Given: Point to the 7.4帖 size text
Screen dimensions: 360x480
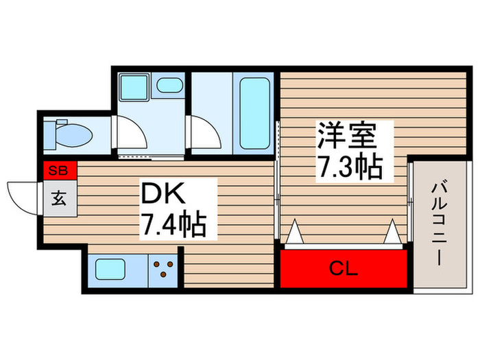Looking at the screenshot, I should pyautogui.click(x=173, y=224).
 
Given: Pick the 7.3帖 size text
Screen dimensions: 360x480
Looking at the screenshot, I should pyautogui.click(x=349, y=167).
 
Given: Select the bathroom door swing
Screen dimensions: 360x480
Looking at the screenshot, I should pyautogui.click(x=205, y=130).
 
